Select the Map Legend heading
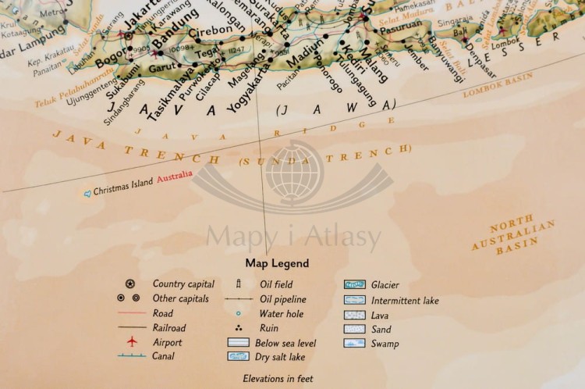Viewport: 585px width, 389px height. point(277,263)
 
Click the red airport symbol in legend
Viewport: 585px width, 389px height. point(132,342)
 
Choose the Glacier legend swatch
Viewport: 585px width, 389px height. point(355,285)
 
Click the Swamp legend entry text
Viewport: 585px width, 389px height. point(385,344)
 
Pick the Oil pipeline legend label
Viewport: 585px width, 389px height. point(283,299)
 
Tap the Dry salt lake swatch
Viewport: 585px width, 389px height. point(238,356)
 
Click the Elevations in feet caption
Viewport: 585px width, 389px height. point(278,378)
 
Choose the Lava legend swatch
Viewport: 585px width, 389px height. point(355,315)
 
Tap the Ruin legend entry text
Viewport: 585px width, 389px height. point(268,329)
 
